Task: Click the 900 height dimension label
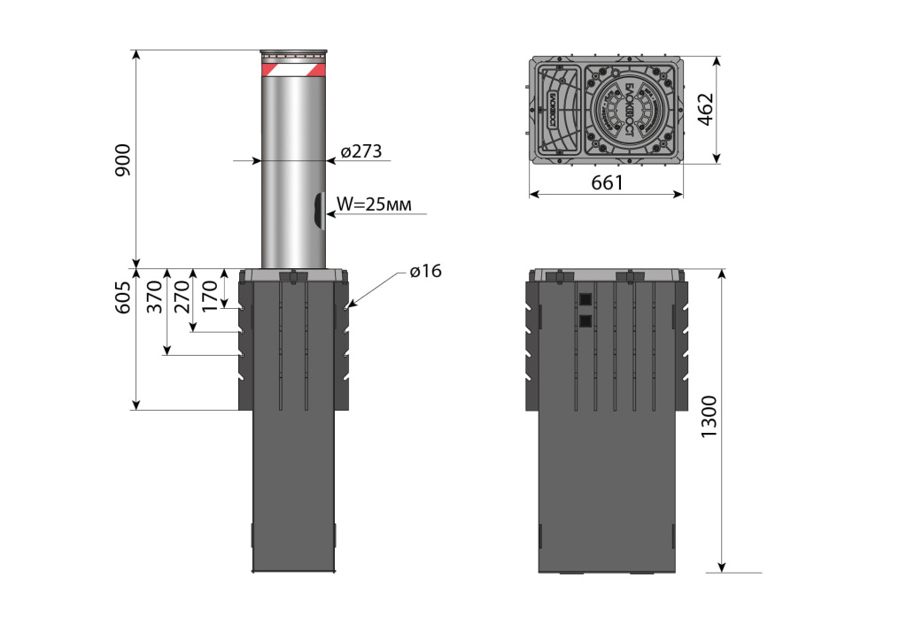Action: coord(123,158)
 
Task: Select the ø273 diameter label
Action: coord(361,151)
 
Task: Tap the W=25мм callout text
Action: coord(373,204)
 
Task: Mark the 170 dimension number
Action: coord(210,293)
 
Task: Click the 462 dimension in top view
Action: coord(706,110)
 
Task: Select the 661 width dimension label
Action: coord(608,182)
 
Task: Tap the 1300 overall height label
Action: coord(706,420)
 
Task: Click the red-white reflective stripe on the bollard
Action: coord(294,68)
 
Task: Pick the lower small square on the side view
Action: coord(584,320)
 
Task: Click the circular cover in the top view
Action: coord(631,111)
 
